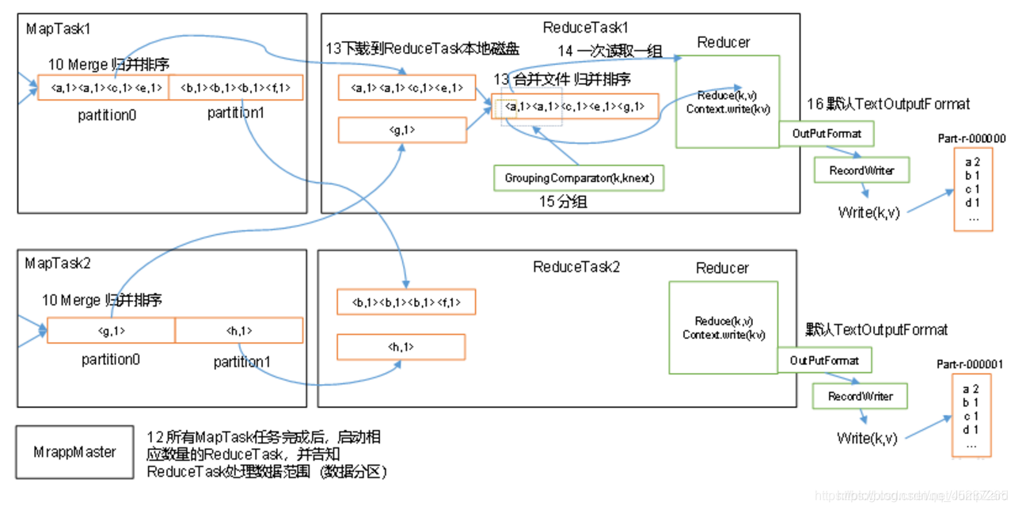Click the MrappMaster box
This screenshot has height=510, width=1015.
[74, 453]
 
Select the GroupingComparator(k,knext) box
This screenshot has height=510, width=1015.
[579, 178]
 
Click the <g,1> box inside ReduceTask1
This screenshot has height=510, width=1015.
[402, 130]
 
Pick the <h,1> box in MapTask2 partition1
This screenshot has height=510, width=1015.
[238, 330]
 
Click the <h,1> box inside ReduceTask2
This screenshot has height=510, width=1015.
[401, 347]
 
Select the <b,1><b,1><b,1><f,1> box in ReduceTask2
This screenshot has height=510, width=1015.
[406, 302]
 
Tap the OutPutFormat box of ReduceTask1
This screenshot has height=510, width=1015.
[826, 134]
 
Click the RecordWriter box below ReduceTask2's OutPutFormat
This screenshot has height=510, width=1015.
[860, 396]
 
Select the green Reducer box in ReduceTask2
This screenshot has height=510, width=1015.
[722, 328]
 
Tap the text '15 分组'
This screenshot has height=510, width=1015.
[563, 202]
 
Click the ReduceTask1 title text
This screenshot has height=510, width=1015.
[585, 28]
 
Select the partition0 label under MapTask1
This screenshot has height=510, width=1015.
[107, 115]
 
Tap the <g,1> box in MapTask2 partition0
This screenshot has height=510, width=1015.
[111, 330]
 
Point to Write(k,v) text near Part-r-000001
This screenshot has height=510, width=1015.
[867, 438]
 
